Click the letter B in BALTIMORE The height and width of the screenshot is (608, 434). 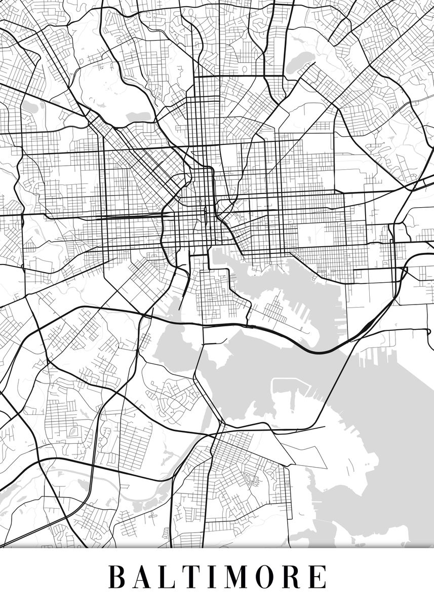pyautogui.click(x=117, y=577)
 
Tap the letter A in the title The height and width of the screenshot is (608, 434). pyautogui.click(x=145, y=577)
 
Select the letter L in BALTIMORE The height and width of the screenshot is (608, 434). pyautogui.click(x=172, y=577)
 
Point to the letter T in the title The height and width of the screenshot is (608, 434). pyautogui.click(x=196, y=577)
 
